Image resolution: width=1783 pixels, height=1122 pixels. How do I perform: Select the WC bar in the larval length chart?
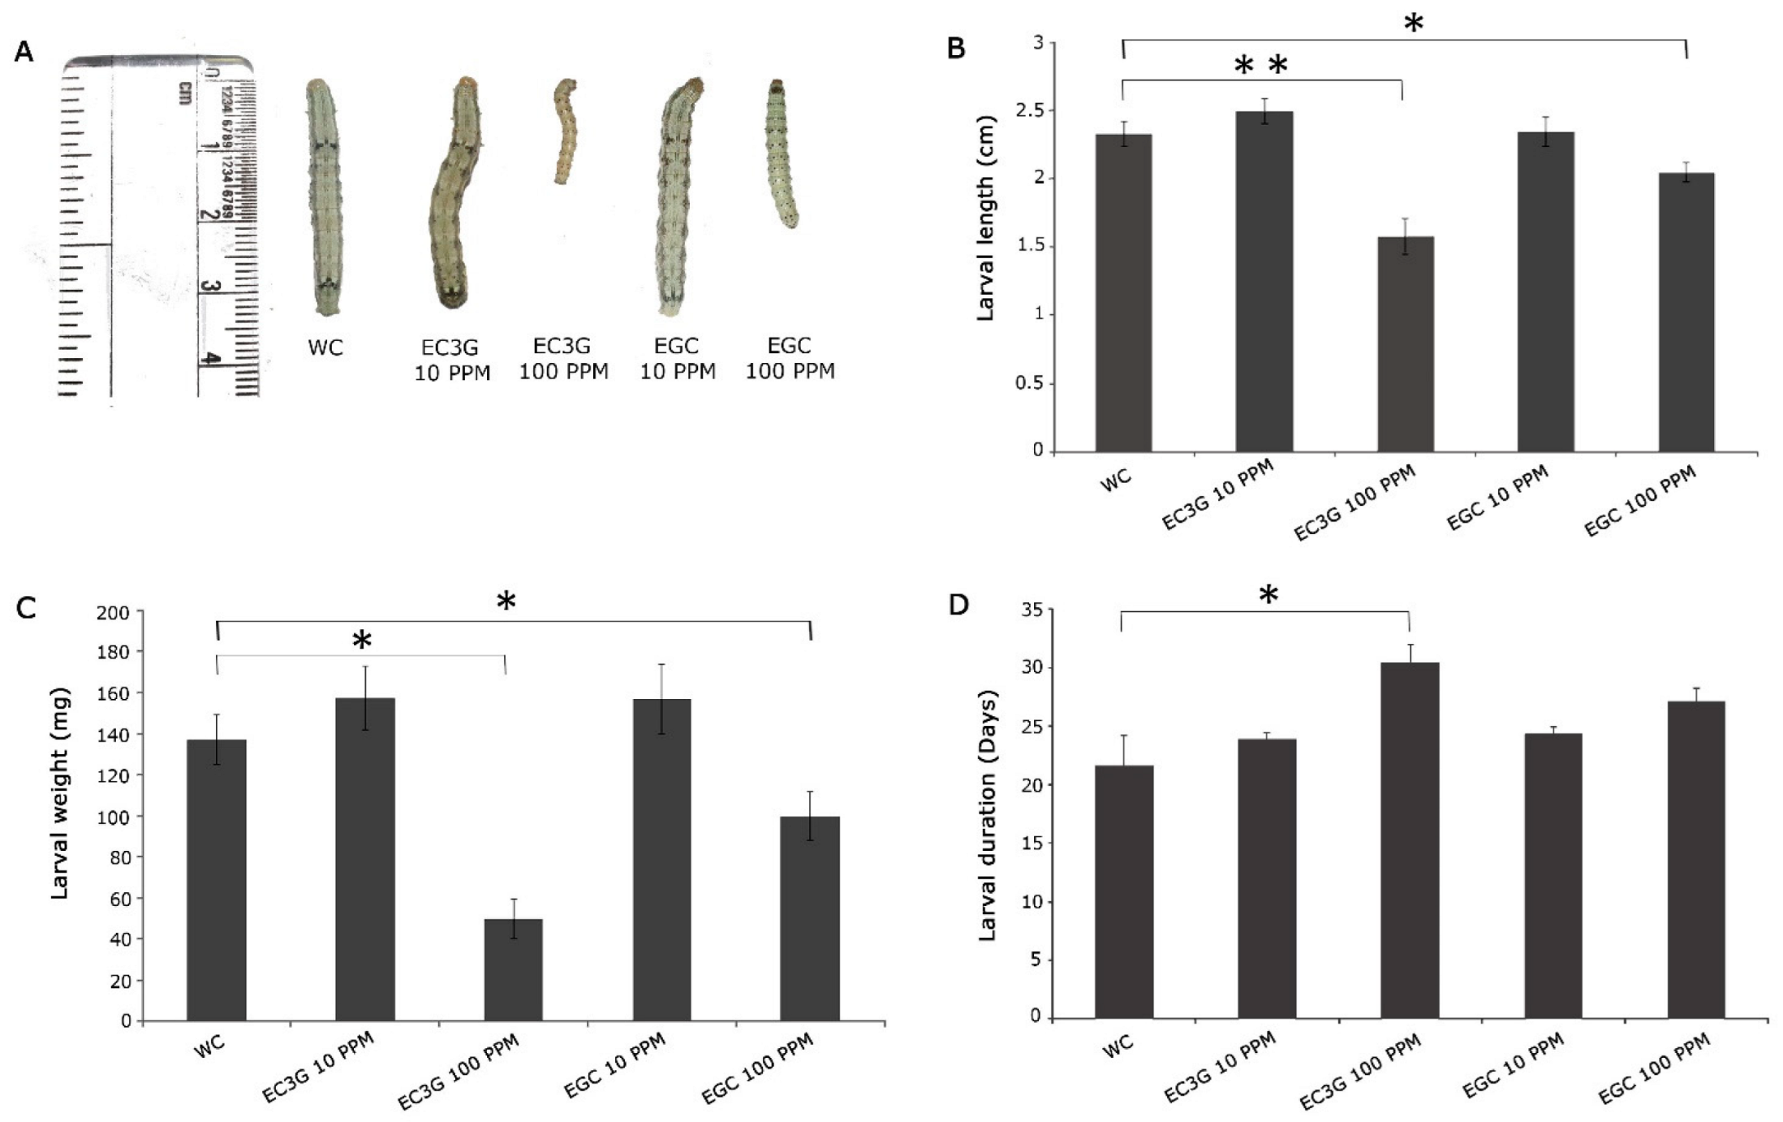[1123, 292]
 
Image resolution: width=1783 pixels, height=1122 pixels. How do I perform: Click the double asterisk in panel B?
[1260, 67]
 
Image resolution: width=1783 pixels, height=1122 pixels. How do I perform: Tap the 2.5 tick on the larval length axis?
[1029, 110]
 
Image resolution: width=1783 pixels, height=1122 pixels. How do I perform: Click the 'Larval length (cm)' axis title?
[986, 248]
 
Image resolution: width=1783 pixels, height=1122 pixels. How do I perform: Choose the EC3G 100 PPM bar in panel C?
[513, 969]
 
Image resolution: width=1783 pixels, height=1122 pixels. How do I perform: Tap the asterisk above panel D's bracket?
[1268, 595]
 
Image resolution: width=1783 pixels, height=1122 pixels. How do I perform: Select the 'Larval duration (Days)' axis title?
[987, 815]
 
